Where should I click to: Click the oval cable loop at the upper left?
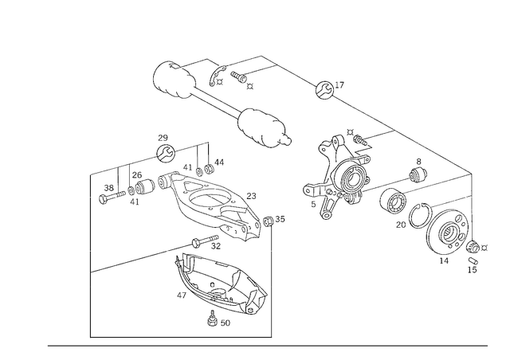click(x=171, y=79)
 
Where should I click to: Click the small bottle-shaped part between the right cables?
click(x=416, y=172)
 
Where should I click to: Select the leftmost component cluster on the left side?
click(x=127, y=190)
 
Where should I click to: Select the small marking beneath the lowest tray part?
click(x=217, y=323)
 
